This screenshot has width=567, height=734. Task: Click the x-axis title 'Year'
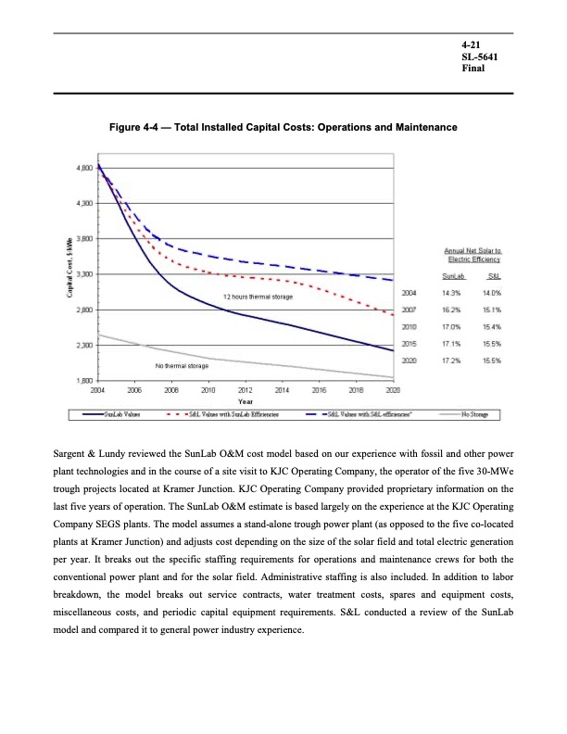click(x=246, y=401)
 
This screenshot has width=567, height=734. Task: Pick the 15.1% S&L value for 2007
click(x=490, y=310)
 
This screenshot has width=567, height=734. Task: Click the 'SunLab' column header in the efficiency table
click(x=453, y=276)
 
